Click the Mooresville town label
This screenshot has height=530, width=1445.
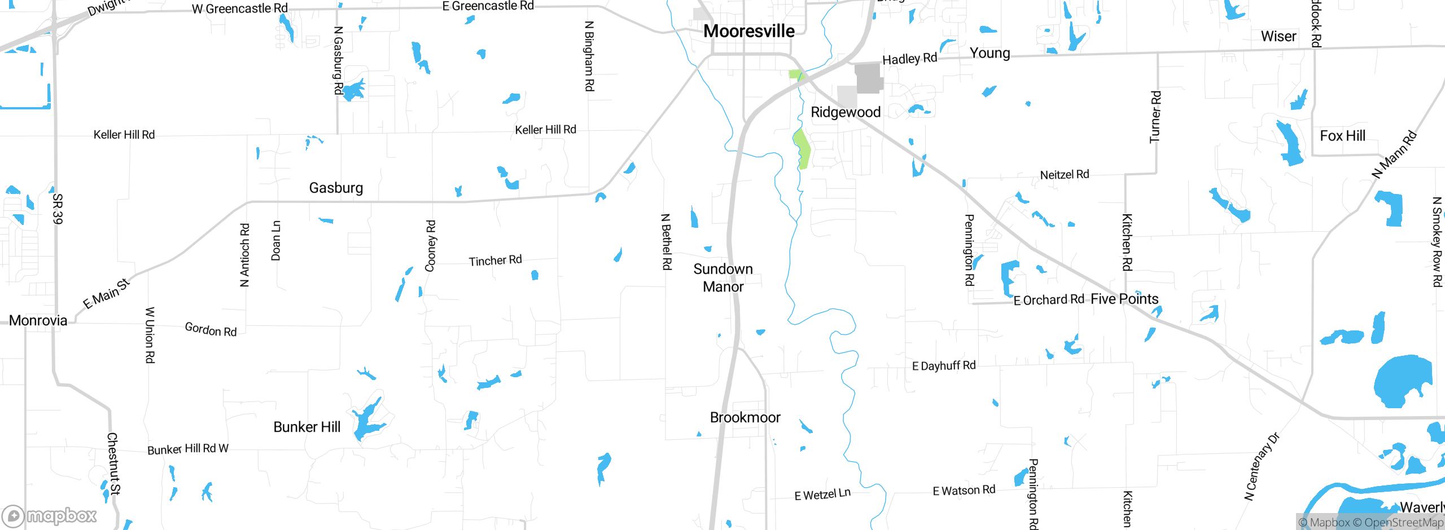click(x=748, y=31)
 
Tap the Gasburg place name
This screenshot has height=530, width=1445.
click(x=336, y=188)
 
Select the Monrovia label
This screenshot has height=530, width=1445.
click(x=38, y=320)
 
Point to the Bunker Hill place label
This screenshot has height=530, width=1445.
click(x=306, y=427)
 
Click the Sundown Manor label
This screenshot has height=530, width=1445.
click(x=723, y=277)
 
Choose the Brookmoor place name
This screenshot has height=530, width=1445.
click(x=745, y=417)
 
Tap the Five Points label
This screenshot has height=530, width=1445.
click(x=1124, y=299)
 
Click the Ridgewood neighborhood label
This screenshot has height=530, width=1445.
click(x=846, y=112)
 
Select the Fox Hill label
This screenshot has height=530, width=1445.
click(x=1342, y=136)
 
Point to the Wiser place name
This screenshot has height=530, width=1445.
click(x=1278, y=37)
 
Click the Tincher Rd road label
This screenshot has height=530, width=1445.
click(x=495, y=260)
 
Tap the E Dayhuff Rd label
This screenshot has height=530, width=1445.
click(x=944, y=366)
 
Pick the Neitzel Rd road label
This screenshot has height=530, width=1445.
click(x=1065, y=175)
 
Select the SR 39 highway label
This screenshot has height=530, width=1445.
click(x=58, y=209)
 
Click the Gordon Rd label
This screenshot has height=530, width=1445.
click(x=211, y=329)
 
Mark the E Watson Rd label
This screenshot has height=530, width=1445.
click(x=964, y=491)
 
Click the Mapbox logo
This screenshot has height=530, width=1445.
click(x=50, y=515)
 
